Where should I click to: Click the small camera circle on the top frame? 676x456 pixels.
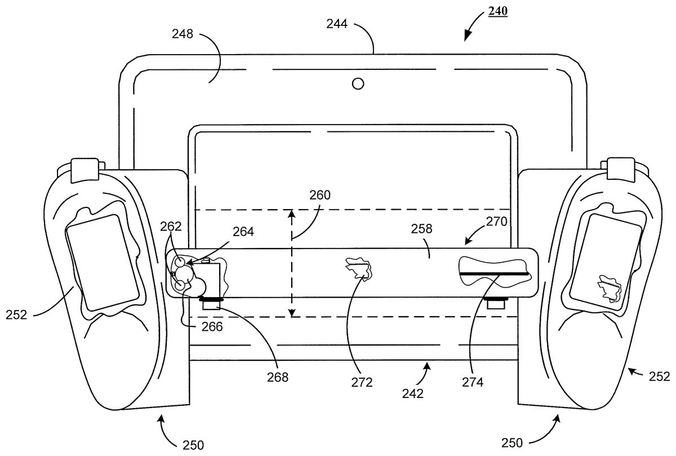pos(358,83)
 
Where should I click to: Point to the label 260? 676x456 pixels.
pos(319,196)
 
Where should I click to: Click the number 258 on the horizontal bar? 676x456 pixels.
pos(421,228)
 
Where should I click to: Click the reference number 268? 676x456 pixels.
pos(278,377)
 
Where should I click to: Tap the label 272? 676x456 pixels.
pos(362,382)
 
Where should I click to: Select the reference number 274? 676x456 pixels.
pos(473,382)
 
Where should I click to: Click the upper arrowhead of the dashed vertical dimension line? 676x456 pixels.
pos(292,213)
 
